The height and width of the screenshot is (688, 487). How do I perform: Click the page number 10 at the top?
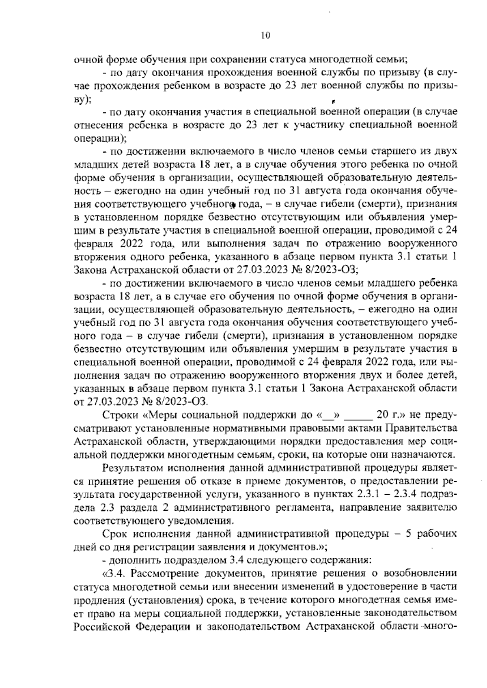tap(265, 35)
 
